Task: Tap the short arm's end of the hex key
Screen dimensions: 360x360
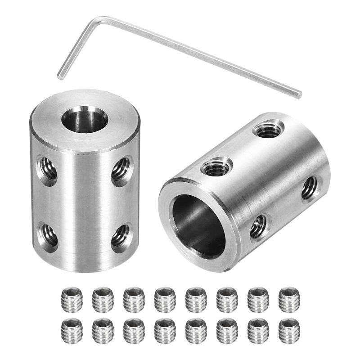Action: click(x=60, y=76)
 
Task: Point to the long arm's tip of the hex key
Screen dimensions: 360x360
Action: click(x=298, y=95)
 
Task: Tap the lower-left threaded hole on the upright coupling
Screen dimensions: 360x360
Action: click(x=48, y=235)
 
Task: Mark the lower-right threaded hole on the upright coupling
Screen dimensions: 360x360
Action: click(x=120, y=235)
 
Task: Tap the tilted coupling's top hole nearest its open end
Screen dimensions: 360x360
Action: click(x=216, y=168)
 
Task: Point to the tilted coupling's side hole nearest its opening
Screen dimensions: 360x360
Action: click(x=257, y=227)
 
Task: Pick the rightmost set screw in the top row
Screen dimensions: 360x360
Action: click(x=289, y=299)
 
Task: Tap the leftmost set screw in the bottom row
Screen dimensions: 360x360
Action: click(x=71, y=330)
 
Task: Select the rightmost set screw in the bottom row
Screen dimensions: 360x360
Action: click(x=289, y=330)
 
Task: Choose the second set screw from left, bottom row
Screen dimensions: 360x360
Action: click(x=103, y=330)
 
